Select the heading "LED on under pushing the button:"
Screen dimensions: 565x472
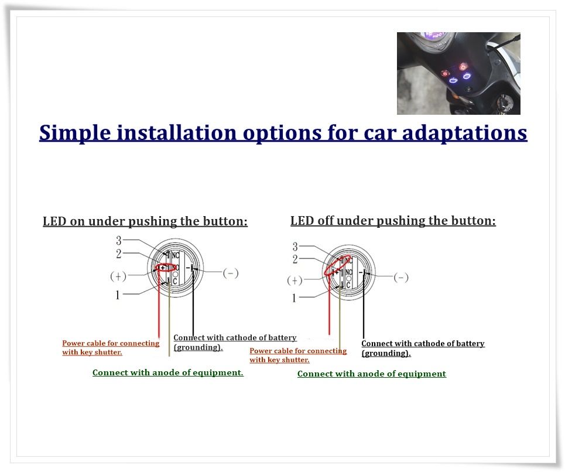[x=145, y=221]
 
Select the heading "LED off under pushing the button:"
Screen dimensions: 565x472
[x=393, y=221]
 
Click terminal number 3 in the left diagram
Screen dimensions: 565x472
[x=118, y=240]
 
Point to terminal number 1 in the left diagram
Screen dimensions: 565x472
[x=118, y=295]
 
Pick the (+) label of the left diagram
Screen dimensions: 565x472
[x=118, y=276]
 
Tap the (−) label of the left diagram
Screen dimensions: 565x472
[x=231, y=273]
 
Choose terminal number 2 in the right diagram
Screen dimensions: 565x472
[x=295, y=259]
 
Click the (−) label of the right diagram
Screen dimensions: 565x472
[x=401, y=278]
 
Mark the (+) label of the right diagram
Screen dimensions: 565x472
[x=295, y=281]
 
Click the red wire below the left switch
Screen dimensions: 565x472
[x=159, y=303]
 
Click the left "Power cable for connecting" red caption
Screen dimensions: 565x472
[x=111, y=343]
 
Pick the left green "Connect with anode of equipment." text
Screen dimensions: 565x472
[x=168, y=372]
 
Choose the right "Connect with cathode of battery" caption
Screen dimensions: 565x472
[x=423, y=343]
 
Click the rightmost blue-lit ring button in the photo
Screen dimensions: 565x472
[x=467, y=76]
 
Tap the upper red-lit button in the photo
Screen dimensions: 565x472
[x=463, y=67]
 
